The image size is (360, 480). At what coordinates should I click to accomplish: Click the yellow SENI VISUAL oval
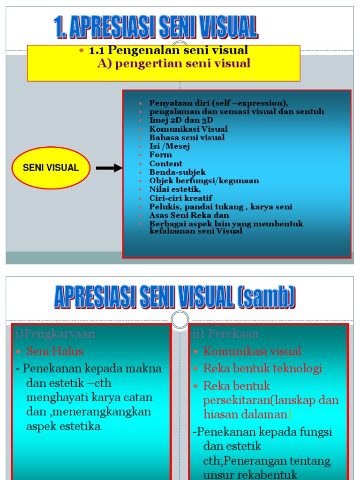51,168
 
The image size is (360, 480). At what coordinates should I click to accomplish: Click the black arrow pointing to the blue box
109,168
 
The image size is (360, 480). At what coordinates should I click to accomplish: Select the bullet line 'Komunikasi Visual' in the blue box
188,129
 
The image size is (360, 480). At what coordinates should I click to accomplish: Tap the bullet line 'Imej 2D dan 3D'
181,120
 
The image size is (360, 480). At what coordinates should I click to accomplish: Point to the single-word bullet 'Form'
161,155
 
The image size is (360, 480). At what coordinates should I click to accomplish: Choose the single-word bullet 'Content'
166,164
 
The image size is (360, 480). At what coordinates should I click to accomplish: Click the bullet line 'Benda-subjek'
177,172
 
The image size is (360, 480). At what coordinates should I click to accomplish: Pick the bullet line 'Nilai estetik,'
175,189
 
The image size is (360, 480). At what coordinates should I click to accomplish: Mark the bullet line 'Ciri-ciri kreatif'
180,198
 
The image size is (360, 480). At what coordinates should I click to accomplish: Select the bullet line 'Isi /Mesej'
170,146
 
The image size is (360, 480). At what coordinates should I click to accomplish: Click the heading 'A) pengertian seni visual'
173,63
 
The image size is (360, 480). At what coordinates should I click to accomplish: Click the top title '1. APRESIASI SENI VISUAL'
156,27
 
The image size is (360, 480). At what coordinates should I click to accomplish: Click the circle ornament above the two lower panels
180,320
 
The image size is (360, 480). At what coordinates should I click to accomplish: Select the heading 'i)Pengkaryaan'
55,334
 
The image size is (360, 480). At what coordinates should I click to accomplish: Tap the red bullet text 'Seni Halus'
54,351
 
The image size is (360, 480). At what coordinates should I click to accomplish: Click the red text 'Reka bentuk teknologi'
262,368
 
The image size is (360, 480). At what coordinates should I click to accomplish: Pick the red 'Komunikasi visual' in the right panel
252,351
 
